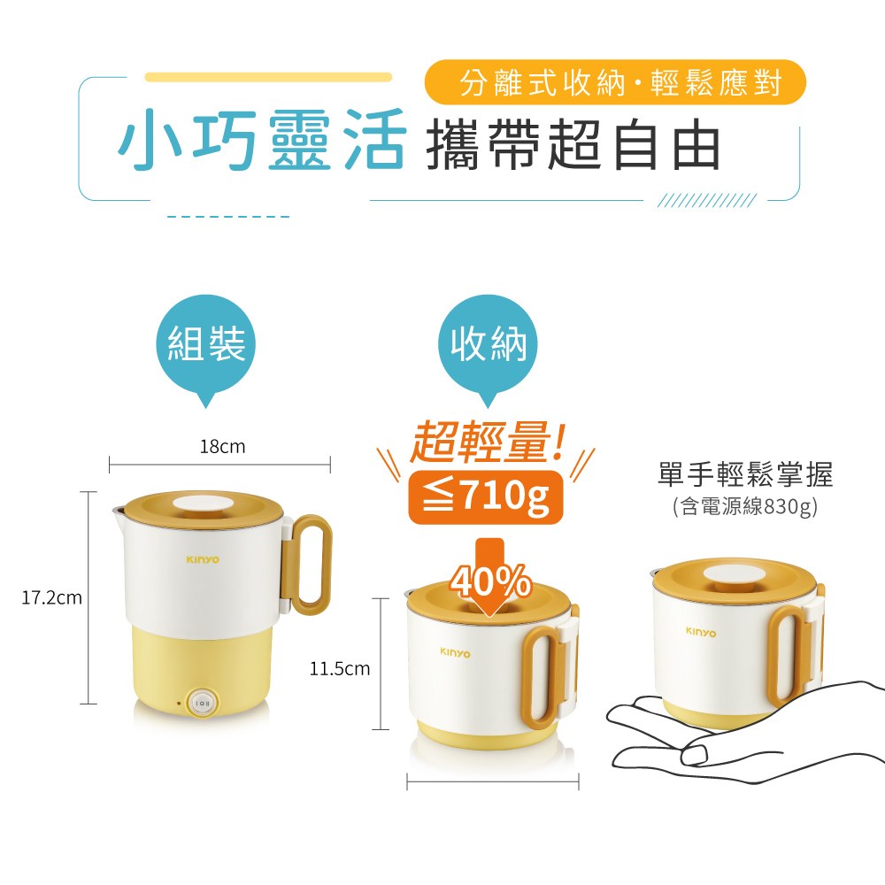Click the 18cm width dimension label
(x=222, y=447)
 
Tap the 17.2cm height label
(x=51, y=598)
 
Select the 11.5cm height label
(x=339, y=669)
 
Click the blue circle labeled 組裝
(x=206, y=343)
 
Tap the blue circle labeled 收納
(x=489, y=343)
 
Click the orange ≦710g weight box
(x=485, y=498)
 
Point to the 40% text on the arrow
(x=490, y=581)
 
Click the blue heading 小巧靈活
(x=262, y=140)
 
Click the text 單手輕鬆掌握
(x=745, y=475)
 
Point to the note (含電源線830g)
(x=744, y=507)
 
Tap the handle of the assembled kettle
(x=311, y=566)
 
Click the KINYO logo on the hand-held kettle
(x=701, y=633)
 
